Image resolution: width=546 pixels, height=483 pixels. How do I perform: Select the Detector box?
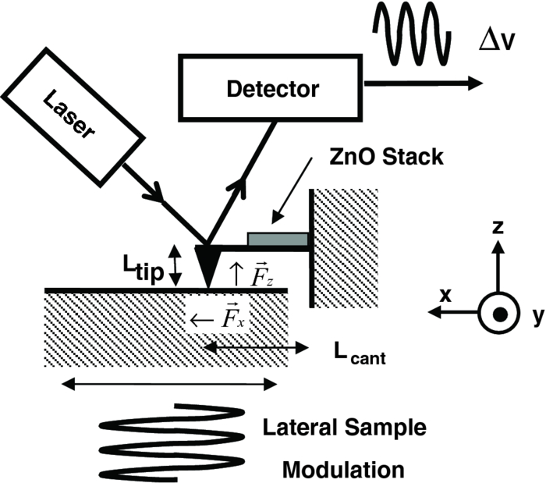[273, 89]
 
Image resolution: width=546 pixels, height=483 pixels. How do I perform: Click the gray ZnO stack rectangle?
[277, 238]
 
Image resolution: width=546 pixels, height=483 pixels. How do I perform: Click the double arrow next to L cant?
[249, 346]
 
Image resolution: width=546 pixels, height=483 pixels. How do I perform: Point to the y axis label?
[535, 316]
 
